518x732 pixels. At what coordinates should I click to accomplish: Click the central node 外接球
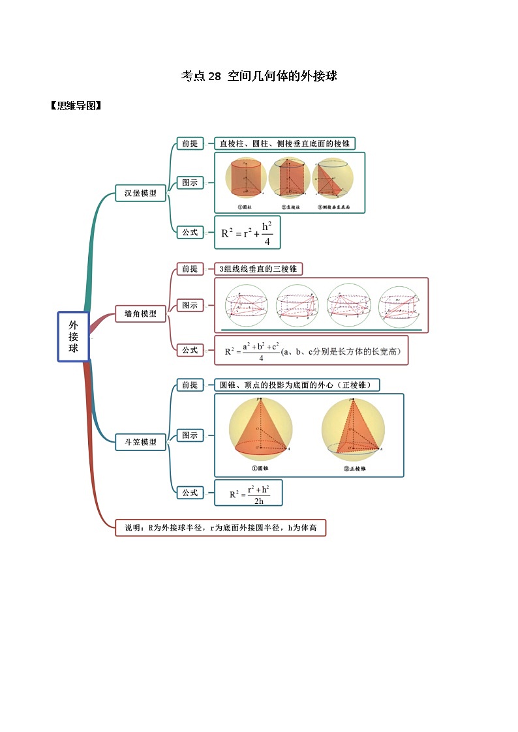point(73,336)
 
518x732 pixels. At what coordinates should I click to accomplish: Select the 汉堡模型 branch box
point(140,193)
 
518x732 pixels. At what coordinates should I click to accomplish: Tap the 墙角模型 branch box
point(140,314)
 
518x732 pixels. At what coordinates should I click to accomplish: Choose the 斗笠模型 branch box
point(140,441)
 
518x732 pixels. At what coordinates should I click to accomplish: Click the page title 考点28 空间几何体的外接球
point(258,76)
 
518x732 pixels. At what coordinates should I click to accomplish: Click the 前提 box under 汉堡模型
point(190,143)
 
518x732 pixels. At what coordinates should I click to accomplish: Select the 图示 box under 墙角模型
point(190,305)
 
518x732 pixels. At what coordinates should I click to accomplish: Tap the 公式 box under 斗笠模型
point(190,493)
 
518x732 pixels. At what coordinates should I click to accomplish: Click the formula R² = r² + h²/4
point(247,233)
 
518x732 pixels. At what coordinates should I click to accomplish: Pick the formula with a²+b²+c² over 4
point(311,350)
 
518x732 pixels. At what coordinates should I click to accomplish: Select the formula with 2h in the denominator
point(248,493)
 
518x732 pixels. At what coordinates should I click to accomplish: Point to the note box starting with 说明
point(220,527)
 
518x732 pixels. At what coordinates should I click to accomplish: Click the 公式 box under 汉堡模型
point(190,231)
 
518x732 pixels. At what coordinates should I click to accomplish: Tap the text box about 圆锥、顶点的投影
point(297,385)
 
